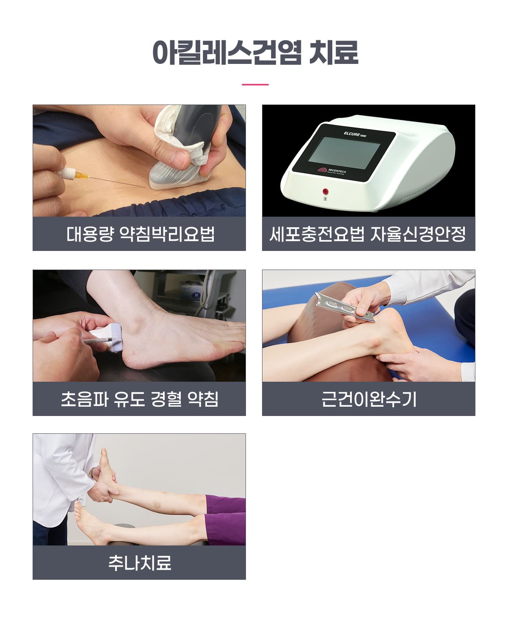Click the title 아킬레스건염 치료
[x=255, y=52]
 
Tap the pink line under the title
[x=255, y=85]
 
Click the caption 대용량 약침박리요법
[x=141, y=234]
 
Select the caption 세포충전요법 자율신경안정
[x=367, y=234]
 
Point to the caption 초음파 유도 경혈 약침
[x=140, y=399]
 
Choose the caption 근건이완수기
[x=369, y=399]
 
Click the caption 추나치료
[x=140, y=563]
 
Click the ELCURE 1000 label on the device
[x=355, y=134]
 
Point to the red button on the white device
[x=325, y=192]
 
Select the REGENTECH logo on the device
[x=331, y=171]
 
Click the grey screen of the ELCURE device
[x=345, y=152]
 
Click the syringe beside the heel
[x=98, y=340]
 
